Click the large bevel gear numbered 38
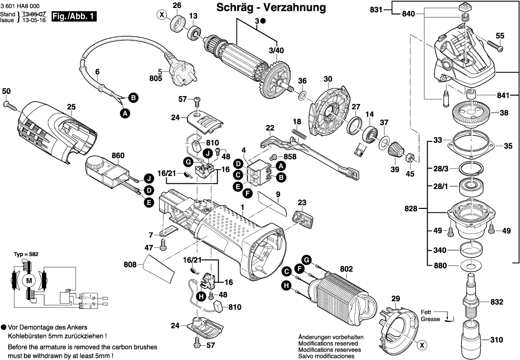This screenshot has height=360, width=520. pyautogui.click(x=472, y=112)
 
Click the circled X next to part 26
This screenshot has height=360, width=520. pyautogui.click(x=161, y=15)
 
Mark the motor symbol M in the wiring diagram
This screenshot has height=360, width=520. pyautogui.click(x=28, y=281)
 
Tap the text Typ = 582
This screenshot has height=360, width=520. pyautogui.click(x=26, y=254)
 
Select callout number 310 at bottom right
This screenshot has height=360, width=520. pyautogui.click(x=497, y=340)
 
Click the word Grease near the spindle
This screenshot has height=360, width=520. pyautogui.click(x=430, y=319)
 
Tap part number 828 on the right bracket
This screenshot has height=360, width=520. pyautogui.click(x=410, y=209)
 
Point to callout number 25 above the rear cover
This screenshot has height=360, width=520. pyautogui.click(x=71, y=106)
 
